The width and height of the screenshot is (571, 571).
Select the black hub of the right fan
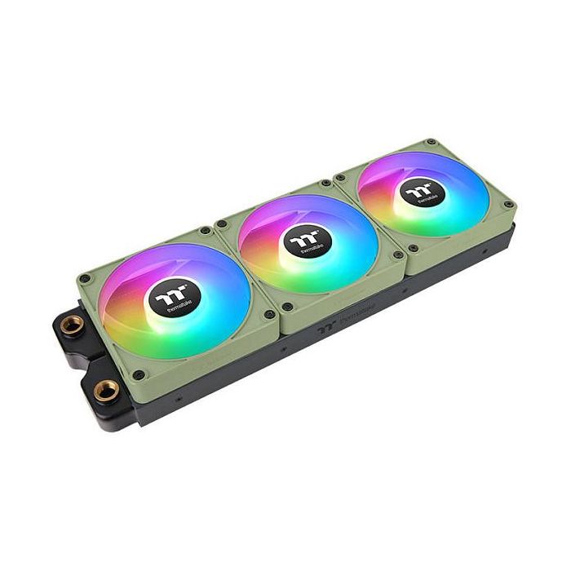click(x=417, y=193)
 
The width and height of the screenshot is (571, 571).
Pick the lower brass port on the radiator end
click(x=104, y=390)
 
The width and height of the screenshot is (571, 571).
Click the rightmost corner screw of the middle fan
click(x=397, y=255)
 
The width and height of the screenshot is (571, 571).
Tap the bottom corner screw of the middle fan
click(x=286, y=308)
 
